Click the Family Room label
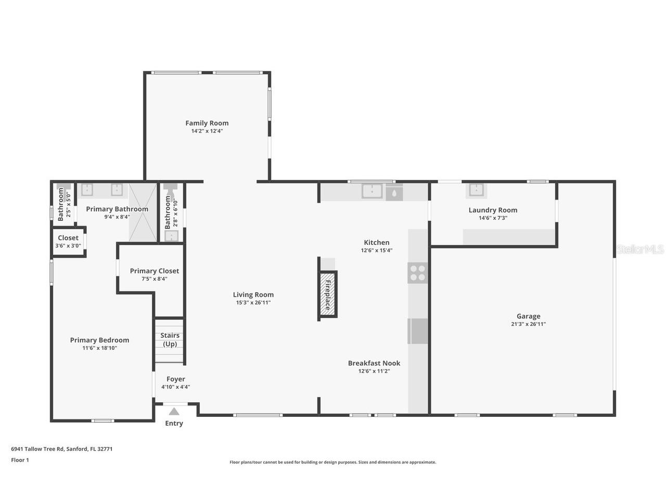[x=207, y=123]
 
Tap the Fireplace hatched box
[x=328, y=295]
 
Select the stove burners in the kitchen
[x=417, y=273]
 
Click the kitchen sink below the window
[x=373, y=191]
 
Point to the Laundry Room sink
[x=476, y=190]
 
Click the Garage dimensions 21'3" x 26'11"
[x=528, y=324]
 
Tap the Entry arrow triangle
[x=174, y=411]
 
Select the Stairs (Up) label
[x=170, y=340]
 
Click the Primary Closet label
[x=154, y=271]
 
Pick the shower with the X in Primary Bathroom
[x=143, y=212]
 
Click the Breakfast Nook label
[x=374, y=363]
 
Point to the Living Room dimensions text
[x=253, y=303]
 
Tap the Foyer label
[x=175, y=379]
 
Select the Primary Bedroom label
[x=99, y=340]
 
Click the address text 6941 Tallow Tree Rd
[x=61, y=449]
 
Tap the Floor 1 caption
[x=20, y=460]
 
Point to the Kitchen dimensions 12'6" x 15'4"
[x=376, y=251]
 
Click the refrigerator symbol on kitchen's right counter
[x=417, y=331]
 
